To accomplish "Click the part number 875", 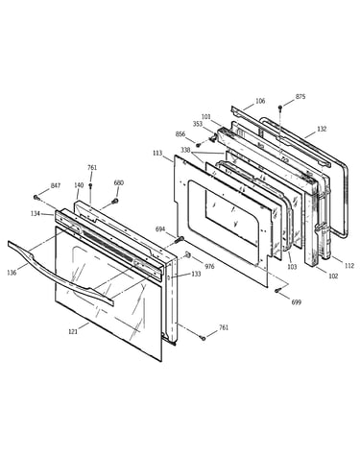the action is click(300, 96).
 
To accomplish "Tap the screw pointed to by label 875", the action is click(280, 107).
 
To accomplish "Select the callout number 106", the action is click(260, 101).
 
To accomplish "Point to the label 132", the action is click(322, 129).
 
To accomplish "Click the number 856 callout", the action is click(180, 134).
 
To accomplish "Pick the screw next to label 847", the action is click(36, 198).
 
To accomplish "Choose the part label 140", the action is click(79, 185).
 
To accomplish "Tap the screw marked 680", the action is click(115, 201).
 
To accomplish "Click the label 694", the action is click(160, 228).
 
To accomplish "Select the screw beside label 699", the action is click(277, 290).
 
